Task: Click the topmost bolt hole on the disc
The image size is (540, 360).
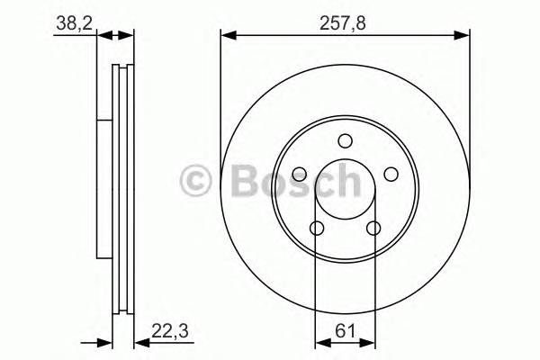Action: click(x=345, y=140)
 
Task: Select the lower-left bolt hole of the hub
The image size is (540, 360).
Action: click(x=316, y=229)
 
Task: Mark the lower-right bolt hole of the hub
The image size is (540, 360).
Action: click(x=373, y=229)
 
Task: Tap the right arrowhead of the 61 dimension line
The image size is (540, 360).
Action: click(x=369, y=342)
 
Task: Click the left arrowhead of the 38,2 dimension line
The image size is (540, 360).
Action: click(x=101, y=36)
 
